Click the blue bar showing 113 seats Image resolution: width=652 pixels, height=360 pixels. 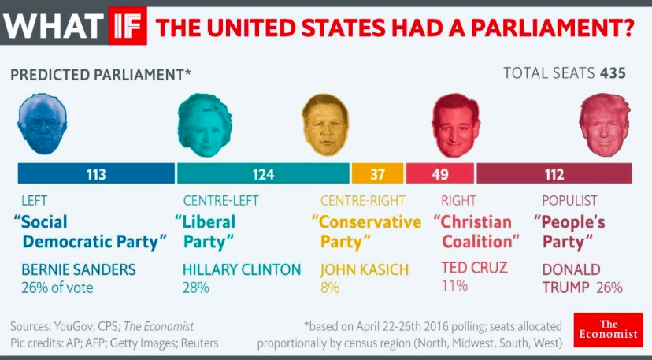[96, 174]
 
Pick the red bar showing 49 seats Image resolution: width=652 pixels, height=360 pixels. [439, 174]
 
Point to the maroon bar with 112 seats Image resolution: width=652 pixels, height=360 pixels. [554, 174]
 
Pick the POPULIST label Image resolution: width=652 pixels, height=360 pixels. [569, 201]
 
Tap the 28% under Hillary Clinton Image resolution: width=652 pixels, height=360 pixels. [196, 288]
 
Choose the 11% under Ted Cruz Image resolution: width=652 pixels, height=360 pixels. [454, 285]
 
